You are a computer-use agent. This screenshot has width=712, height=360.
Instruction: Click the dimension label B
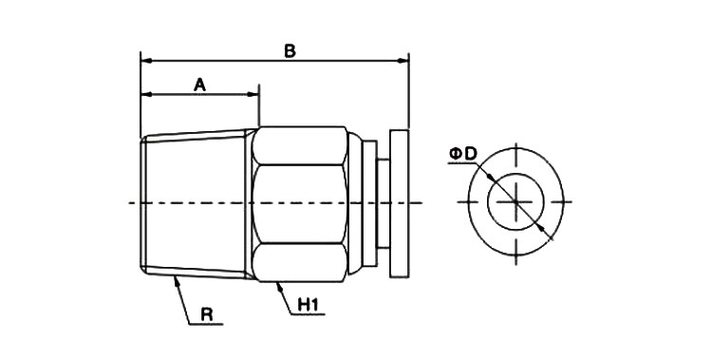click(x=290, y=51)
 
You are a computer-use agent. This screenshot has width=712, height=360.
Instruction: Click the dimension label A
click(x=199, y=85)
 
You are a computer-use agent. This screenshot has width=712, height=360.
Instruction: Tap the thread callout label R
click(x=207, y=315)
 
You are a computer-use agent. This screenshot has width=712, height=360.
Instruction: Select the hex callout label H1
click(x=308, y=305)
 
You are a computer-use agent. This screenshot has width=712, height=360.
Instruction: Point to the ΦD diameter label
click(x=463, y=154)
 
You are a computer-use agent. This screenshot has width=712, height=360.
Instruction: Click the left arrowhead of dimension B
click(x=146, y=61)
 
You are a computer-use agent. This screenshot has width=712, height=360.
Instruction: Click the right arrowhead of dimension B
click(x=403, y=61)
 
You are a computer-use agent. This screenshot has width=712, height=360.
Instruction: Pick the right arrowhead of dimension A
click(x=253, y=95)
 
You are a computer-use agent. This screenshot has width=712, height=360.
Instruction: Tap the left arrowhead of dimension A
click(x=146, y=95)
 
